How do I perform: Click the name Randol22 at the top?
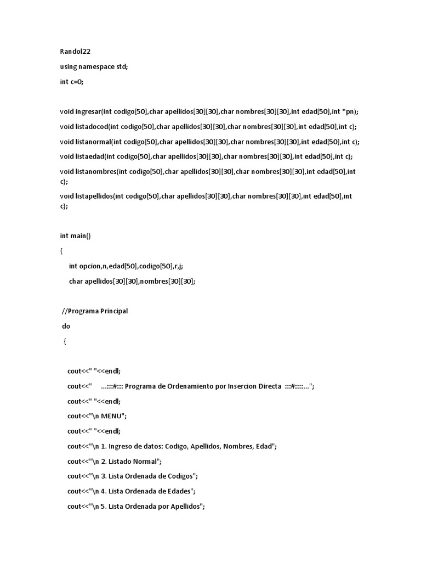[x=75, y=52]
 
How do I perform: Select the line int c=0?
[x=72, y=81]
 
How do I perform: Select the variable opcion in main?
[x=90, y=266]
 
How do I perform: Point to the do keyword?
[x=66, y=326]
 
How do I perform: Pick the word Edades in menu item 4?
[x=178, y=491]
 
